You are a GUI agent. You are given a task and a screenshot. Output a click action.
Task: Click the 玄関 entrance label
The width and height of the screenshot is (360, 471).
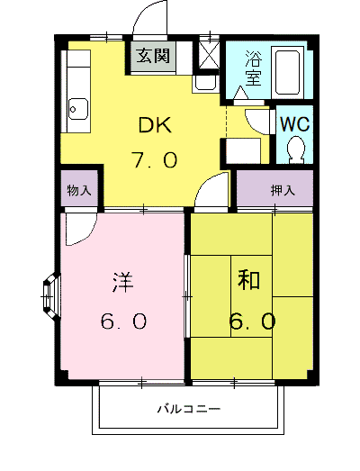click(x=153, y=56)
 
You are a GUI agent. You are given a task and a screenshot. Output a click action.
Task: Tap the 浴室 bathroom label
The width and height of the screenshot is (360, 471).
click(x=253, y=68)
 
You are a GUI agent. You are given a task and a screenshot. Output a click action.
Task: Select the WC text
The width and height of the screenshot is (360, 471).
click(x=294, y=123)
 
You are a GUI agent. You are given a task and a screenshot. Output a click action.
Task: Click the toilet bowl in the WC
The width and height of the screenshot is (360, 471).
click(x=296, y=149)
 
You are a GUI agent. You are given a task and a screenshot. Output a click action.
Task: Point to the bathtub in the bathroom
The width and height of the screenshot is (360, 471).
click(x=288, y=72)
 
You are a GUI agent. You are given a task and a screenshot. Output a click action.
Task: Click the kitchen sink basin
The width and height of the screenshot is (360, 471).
click(x=78, y=110)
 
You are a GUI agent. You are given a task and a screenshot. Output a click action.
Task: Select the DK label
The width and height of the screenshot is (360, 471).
click(x=155, y=124)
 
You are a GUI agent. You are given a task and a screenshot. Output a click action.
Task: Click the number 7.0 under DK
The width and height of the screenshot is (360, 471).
click(x=155, y=159)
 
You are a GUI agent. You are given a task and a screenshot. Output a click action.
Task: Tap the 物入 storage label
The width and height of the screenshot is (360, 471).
click(x=79, y=190)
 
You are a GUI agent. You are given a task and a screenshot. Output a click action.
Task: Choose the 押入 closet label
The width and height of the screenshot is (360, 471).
click(x=283, y=190)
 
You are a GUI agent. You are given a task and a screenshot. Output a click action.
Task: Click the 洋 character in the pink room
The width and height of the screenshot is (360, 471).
click(x=122, y=282)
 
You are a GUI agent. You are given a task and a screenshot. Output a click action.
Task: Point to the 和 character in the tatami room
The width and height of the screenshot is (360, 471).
click(x=248, y=280)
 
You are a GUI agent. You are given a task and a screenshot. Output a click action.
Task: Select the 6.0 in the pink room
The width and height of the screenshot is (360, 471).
click(x=123, y=321)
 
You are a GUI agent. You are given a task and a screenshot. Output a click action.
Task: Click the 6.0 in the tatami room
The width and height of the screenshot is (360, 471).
click(x=252, y=321)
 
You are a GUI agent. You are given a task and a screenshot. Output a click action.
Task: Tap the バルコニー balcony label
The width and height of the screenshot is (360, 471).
click(x=189, y=409)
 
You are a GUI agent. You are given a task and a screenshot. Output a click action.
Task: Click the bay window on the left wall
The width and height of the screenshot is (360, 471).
click(x=51, y=296)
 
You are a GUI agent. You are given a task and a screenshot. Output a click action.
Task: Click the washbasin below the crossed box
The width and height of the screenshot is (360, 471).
click(x=205, y=83)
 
